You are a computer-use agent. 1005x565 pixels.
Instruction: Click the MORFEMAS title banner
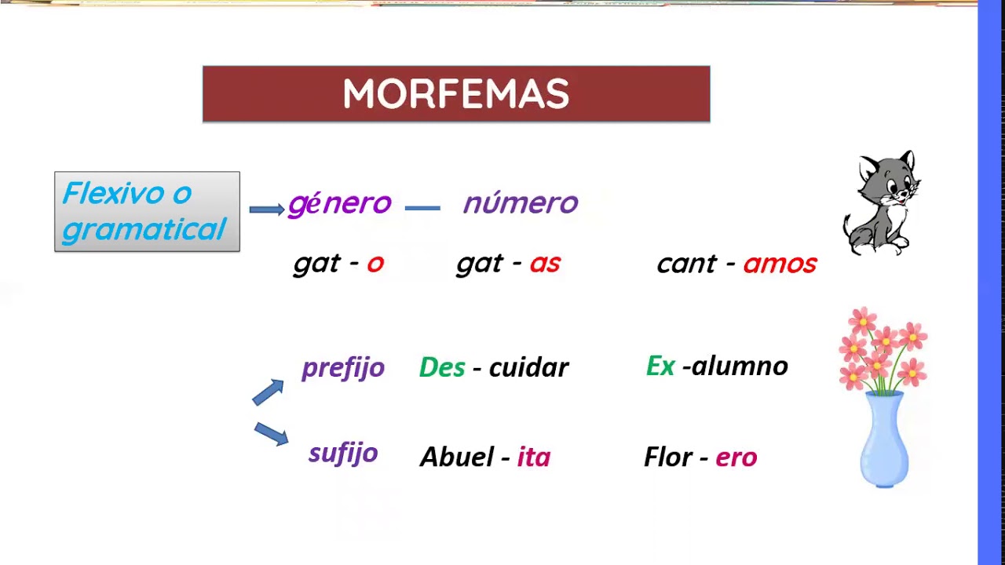point(456,94)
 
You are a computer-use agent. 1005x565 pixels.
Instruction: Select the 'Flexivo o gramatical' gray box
point(147,212)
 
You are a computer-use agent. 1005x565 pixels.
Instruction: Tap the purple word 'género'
point(339,203)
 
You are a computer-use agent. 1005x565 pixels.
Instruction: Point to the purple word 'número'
point(521,203)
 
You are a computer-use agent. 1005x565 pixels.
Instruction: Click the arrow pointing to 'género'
point(266,209)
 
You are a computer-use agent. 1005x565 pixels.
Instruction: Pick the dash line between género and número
point(422,208)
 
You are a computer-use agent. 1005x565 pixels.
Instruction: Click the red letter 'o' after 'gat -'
point(375,264)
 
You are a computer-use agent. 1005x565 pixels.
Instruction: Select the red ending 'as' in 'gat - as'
point(545,264)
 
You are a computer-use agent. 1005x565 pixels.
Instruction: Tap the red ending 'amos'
point(780,264)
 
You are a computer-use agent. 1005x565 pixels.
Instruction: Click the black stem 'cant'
point(687,264)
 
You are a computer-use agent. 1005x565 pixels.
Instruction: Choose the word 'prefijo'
point(343,367)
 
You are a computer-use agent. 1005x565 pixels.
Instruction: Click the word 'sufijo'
point(343,453)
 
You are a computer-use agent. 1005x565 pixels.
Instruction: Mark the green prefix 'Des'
point(442,366)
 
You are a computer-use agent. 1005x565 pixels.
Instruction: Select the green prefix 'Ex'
point(660,365)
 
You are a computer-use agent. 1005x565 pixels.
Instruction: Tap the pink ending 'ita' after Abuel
point(534,457)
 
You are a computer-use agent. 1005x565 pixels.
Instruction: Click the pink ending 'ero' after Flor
point(736,457)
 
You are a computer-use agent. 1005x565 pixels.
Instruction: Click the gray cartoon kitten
point(882,202)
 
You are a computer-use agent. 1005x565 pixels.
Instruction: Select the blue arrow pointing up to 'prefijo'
point(268,392)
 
